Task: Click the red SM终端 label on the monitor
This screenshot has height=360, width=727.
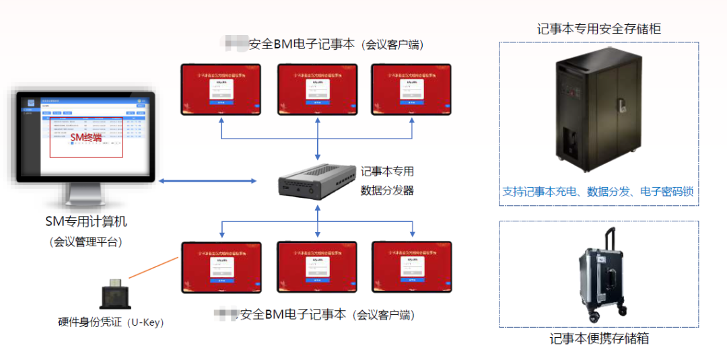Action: tap(86, 137)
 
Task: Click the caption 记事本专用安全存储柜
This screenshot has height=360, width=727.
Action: tap(599, 28)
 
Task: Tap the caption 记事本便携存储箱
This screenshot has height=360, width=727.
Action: tap(599, 338)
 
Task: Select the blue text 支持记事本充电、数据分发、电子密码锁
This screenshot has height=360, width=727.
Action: tap(598, 191)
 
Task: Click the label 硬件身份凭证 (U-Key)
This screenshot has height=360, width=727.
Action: tap(111, 322)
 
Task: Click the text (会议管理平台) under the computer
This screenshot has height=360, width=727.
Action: tap(85, 242)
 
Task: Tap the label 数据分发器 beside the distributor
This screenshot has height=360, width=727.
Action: tap(387, 190)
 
